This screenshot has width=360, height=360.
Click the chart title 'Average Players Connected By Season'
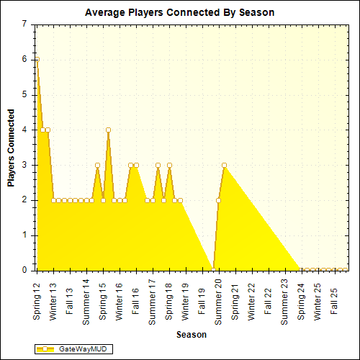pos(179,12)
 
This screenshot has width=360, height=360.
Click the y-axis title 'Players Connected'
pos(11,148)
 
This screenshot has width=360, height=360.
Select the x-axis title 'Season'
pos(192,334)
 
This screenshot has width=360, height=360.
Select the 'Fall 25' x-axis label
pos(333,295)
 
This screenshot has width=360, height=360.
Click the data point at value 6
pos(37,59)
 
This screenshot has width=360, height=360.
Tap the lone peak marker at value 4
pos(108,130)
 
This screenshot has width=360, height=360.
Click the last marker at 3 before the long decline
pos(224,165)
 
